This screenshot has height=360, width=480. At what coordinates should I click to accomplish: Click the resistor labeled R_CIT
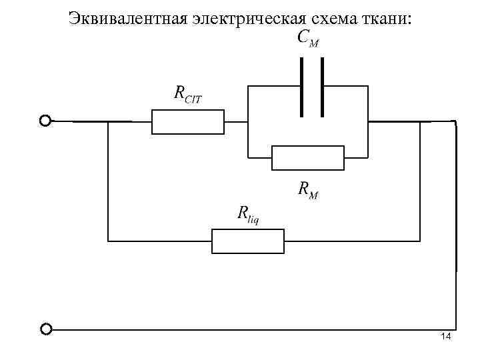pos(188,123)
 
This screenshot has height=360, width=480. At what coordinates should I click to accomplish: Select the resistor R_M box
pos(308,158)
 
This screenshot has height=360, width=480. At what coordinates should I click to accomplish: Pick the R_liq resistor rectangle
pos(248,241)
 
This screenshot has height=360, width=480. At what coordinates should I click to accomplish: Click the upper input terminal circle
pos(45,121)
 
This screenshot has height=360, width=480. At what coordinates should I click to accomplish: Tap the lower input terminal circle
pos(45,329)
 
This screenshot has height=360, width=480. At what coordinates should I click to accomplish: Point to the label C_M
pos(307,39)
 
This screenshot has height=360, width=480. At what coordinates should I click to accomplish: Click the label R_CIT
pos(187,95)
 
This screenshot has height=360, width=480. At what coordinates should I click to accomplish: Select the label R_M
pos(307,191)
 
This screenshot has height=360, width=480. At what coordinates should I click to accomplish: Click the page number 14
pos(446,336)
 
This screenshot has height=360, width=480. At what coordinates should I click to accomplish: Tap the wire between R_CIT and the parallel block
pos(235,122)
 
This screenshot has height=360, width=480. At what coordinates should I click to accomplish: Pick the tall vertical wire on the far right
pos(457,220)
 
